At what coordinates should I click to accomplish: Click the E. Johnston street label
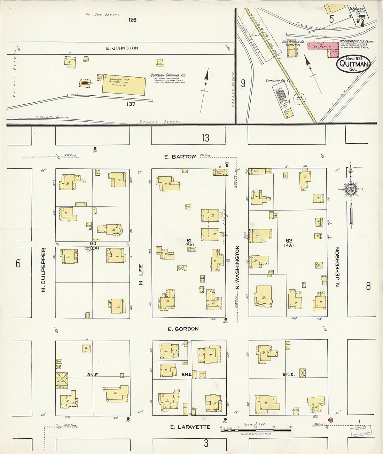pos(122,48)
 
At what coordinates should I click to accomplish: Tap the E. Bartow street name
pos(180,157)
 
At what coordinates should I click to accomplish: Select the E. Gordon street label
pos(183,329)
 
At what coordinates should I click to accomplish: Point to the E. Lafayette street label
pos(190,427)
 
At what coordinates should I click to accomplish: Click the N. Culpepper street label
pos(44,270)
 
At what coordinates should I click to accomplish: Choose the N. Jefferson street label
pos(337,267)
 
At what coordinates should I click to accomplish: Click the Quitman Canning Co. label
pos(168,75)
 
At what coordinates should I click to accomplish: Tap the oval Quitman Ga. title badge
pos(353,64)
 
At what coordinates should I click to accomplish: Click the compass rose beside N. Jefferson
pos(350,189)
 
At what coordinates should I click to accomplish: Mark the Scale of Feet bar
pos(256,430)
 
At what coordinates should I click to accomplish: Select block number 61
pos(189,240)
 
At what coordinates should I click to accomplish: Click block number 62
pos(289,240)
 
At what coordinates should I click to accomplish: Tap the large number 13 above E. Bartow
pos(205,138)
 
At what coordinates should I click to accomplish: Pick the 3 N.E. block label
pos(93,375)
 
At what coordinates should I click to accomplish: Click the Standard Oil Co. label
pos(278,80)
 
